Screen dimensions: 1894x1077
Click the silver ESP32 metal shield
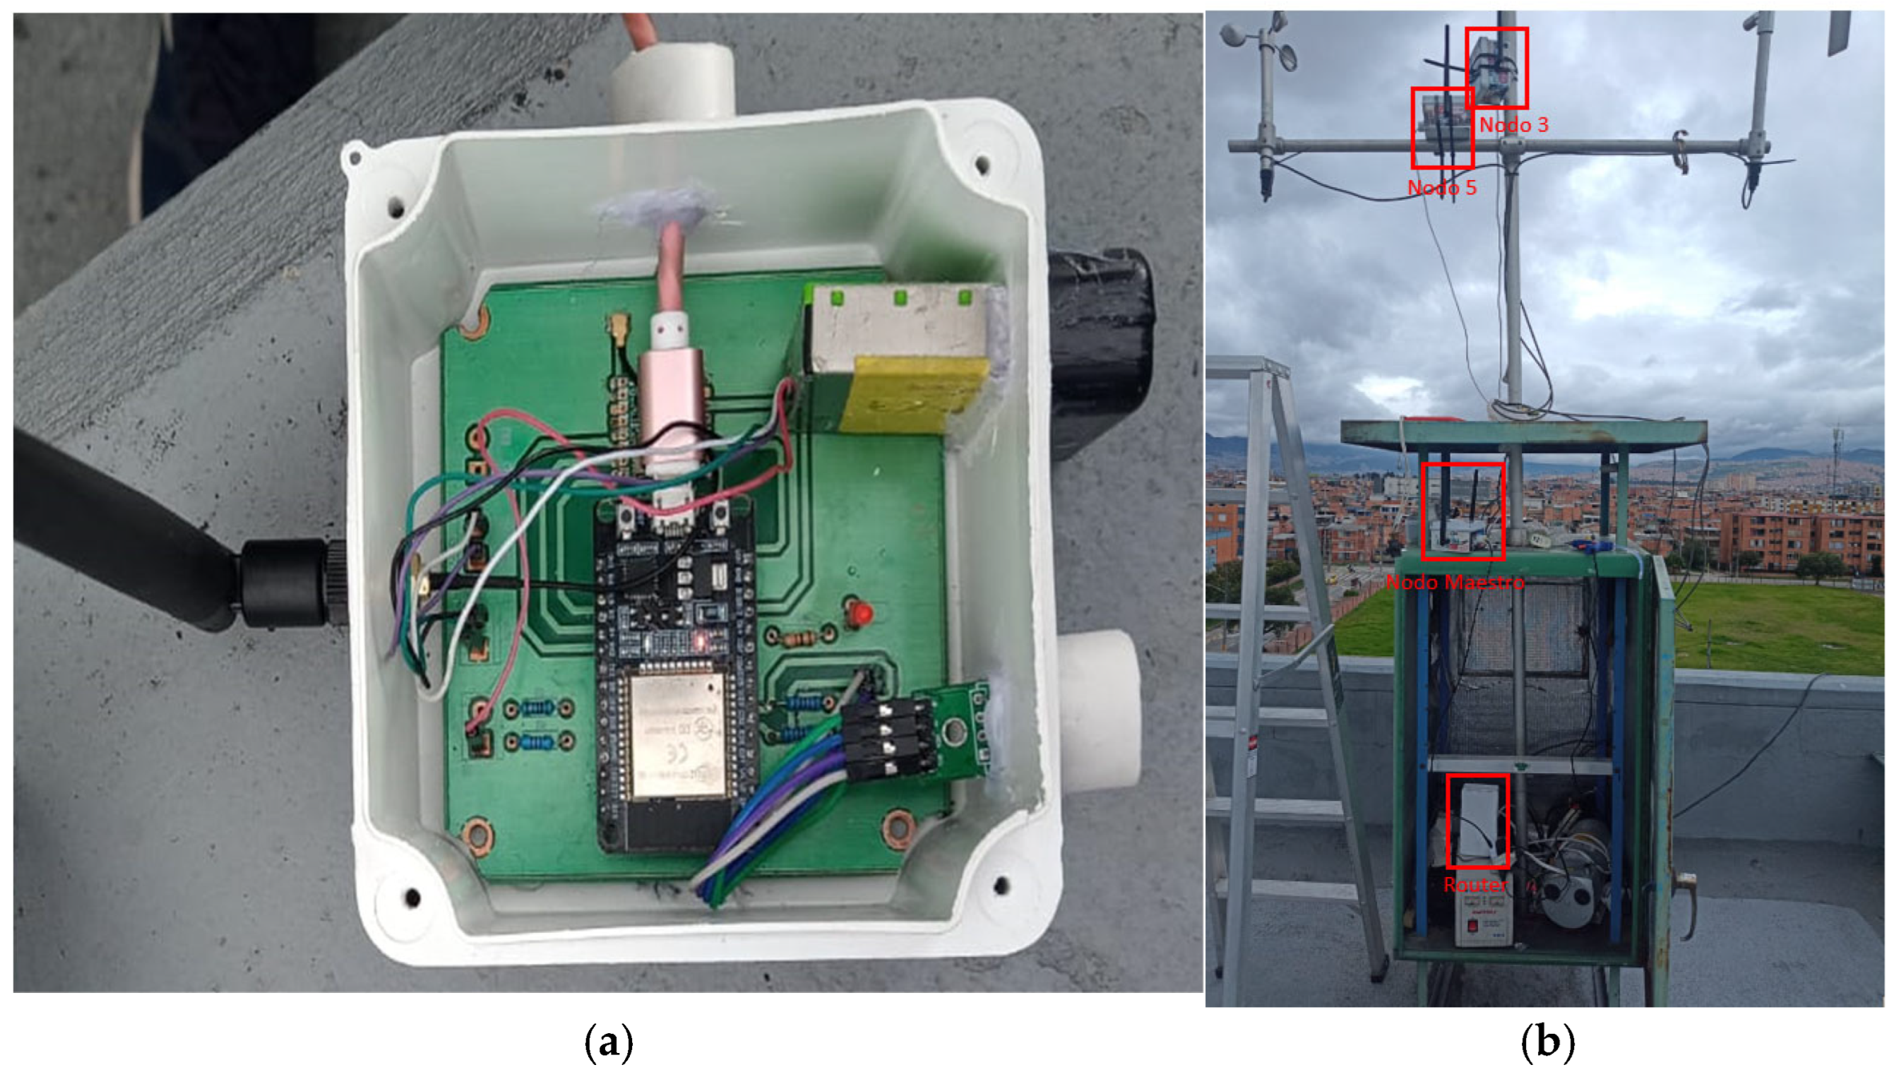(x=675, y=735)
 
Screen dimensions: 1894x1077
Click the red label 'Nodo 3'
(x=1513, y=124)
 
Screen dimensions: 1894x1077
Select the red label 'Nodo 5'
(x=1441, y=188)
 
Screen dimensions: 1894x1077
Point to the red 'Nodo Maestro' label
(x=1455, y=582)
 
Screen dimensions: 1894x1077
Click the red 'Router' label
(x=1475, y=885)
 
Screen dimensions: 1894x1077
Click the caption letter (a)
(x=609, y=1042)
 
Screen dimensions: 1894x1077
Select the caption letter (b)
(x=1547, y=1042)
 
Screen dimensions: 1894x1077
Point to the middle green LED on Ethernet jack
(x=900, y=298)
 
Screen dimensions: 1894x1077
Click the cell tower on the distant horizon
(x=1838, y=458)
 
